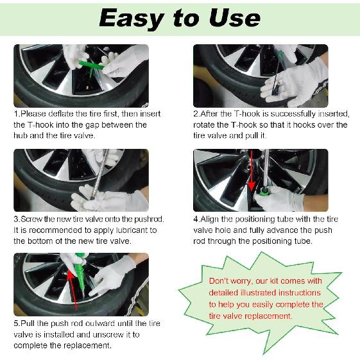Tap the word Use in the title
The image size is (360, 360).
tap(235, 18)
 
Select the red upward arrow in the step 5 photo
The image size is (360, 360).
tap(73, 290)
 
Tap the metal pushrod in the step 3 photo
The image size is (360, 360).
tap(99, 174)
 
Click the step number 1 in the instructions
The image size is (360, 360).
tap(16, 114)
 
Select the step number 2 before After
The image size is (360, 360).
tap(196, 114)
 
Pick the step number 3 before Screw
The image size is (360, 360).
tap(16, 219)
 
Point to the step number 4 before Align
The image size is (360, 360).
tap(196, 219)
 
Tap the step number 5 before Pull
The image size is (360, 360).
tap(16, 323)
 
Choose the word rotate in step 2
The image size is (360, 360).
tap(204, 125)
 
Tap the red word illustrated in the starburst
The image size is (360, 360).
tap(258, 293)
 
